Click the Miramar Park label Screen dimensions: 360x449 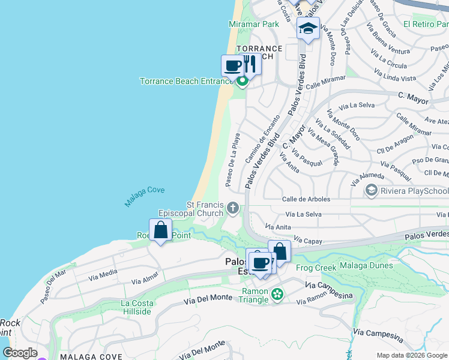254,25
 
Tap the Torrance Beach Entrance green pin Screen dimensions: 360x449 242,81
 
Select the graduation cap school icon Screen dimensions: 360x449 308,28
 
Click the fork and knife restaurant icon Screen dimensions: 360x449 250,63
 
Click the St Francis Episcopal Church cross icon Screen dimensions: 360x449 232,209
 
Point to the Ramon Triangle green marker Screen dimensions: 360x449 277,294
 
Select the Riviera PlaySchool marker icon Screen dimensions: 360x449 371,191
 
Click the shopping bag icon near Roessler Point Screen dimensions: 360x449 160,230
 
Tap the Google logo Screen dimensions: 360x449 20,353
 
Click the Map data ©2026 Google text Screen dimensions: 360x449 412,355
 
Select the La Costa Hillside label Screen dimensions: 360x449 136,307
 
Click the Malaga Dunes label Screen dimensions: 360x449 366,265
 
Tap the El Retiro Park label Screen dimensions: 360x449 426,24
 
